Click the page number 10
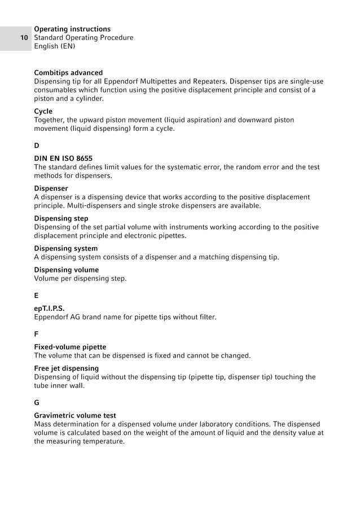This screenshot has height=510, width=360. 24,38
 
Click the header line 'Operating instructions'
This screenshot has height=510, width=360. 72,29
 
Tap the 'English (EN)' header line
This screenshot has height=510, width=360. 55,46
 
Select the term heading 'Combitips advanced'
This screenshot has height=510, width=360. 68,73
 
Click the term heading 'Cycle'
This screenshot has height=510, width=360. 43,112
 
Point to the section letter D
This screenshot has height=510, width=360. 37,146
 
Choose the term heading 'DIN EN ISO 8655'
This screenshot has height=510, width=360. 63,159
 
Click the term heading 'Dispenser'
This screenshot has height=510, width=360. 51,188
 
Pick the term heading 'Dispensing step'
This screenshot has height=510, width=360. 61,218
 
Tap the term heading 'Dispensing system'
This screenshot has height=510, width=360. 65,248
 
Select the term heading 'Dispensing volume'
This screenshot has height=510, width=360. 66,270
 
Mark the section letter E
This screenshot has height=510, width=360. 37,295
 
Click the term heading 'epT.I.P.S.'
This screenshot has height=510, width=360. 53,309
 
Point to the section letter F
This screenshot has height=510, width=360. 37,333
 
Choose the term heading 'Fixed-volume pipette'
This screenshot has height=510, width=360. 70,347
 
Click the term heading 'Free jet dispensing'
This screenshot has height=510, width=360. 66,368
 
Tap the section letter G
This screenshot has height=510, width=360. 37,402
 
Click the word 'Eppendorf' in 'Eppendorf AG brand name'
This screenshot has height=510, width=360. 52,317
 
